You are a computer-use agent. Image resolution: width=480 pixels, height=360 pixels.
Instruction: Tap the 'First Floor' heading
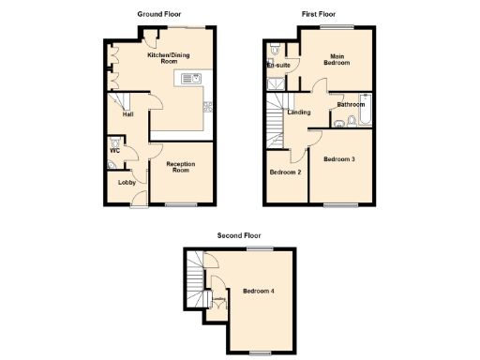319,14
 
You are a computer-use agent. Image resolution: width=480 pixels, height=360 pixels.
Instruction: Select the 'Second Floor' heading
239,235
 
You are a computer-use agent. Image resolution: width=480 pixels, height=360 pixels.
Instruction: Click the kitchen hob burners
207,105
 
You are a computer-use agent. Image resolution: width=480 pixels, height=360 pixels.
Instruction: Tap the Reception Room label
180,168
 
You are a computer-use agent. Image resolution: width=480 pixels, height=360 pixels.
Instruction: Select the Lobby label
126,182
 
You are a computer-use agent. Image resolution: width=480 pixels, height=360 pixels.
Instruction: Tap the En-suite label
278,67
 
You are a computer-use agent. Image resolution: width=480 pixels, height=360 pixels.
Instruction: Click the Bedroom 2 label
285,172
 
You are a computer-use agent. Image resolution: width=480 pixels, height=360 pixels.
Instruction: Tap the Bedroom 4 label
258,291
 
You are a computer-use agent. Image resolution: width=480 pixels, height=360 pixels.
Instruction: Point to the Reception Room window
180,204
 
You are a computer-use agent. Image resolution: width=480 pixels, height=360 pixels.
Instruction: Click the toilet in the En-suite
273,46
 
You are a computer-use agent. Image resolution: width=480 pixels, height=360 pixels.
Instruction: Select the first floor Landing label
300,112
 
